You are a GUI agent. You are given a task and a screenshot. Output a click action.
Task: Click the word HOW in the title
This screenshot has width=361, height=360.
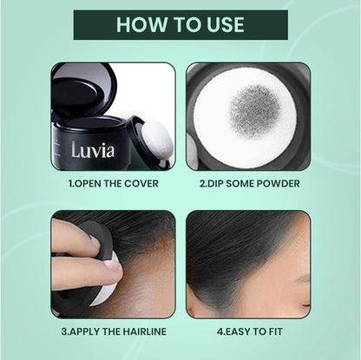141,24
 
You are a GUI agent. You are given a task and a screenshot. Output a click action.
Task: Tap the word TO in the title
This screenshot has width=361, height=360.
184,24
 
